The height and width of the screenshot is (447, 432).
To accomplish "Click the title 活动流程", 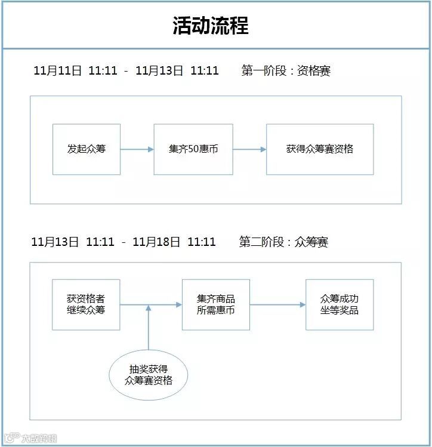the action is [x=210, y=26].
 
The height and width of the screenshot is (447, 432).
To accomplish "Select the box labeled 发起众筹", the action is [x=87, y=149].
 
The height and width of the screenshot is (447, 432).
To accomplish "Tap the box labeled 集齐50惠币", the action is [x=193, y=149].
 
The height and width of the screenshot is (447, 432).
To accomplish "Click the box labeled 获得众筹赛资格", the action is [x=320, y=149].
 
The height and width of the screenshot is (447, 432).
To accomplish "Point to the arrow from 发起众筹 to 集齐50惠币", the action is [x=137, y=149].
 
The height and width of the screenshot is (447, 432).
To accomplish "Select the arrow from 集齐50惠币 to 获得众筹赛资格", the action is [x=249, y=149].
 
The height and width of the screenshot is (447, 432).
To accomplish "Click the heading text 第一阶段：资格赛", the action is [x=286, y=71].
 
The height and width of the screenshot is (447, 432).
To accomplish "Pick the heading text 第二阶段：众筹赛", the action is [x=283, y=242].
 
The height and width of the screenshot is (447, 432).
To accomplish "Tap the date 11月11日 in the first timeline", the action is [x=57, y=71].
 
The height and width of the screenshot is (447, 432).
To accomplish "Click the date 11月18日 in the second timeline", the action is [x=156, y=242].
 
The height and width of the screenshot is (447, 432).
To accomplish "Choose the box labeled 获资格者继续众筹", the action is [x=86, y=304].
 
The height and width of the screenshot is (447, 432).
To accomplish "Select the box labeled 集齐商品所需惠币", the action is [x=215, y=304].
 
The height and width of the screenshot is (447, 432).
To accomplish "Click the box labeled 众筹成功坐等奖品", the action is [x=340, y=304].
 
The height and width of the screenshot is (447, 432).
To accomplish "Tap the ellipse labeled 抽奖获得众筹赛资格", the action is [x=148, y=375].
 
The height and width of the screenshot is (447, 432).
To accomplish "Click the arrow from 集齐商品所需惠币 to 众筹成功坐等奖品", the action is [x=277, y=305].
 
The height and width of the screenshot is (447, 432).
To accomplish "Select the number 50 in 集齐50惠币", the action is [x=193, y=149].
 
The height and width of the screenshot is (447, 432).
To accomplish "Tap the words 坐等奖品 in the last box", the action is [x=340, y=310].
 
